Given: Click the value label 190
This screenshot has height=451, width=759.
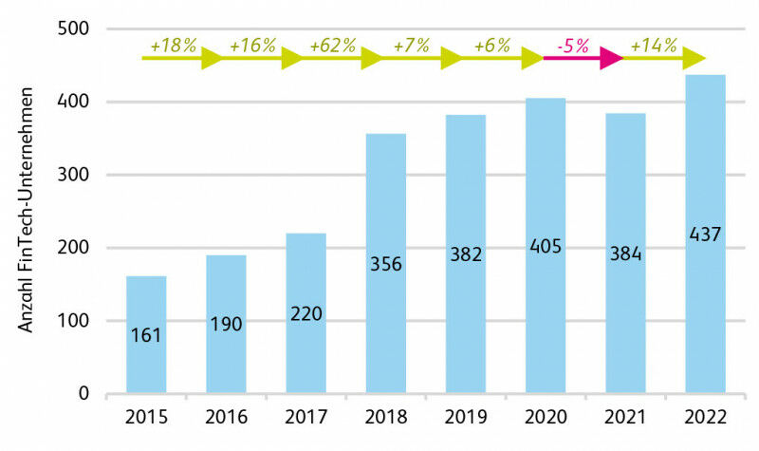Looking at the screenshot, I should [226, 324].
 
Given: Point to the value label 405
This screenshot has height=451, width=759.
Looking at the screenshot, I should [546, 247].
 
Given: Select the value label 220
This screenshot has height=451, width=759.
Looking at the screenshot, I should [305, 312].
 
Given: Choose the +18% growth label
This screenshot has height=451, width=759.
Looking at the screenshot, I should [172, 45].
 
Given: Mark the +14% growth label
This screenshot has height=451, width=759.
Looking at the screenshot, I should [652, 45].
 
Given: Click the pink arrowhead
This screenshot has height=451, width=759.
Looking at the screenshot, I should [609, 59].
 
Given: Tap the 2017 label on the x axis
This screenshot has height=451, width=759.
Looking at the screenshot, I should [305, 419].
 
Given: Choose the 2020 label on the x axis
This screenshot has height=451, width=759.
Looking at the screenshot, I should [545, 419].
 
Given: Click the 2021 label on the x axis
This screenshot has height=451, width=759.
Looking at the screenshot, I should [625, 419].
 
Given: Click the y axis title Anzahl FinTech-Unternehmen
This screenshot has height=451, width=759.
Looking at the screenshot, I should [28, 210].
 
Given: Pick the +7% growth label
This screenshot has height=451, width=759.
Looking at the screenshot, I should [411, 45].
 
